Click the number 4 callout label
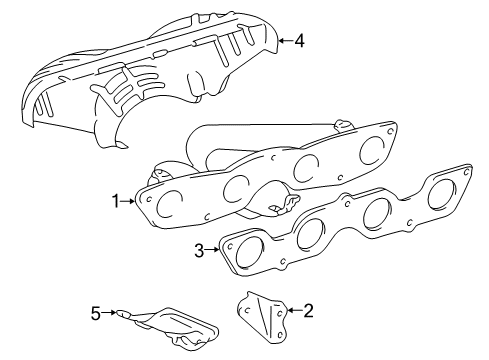coord(297,41)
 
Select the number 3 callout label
coord(199,250)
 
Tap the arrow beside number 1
coord(129,201)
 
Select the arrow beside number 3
coord(213,250)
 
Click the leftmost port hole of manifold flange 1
coord(171,206)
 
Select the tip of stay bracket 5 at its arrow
coord(118,313)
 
